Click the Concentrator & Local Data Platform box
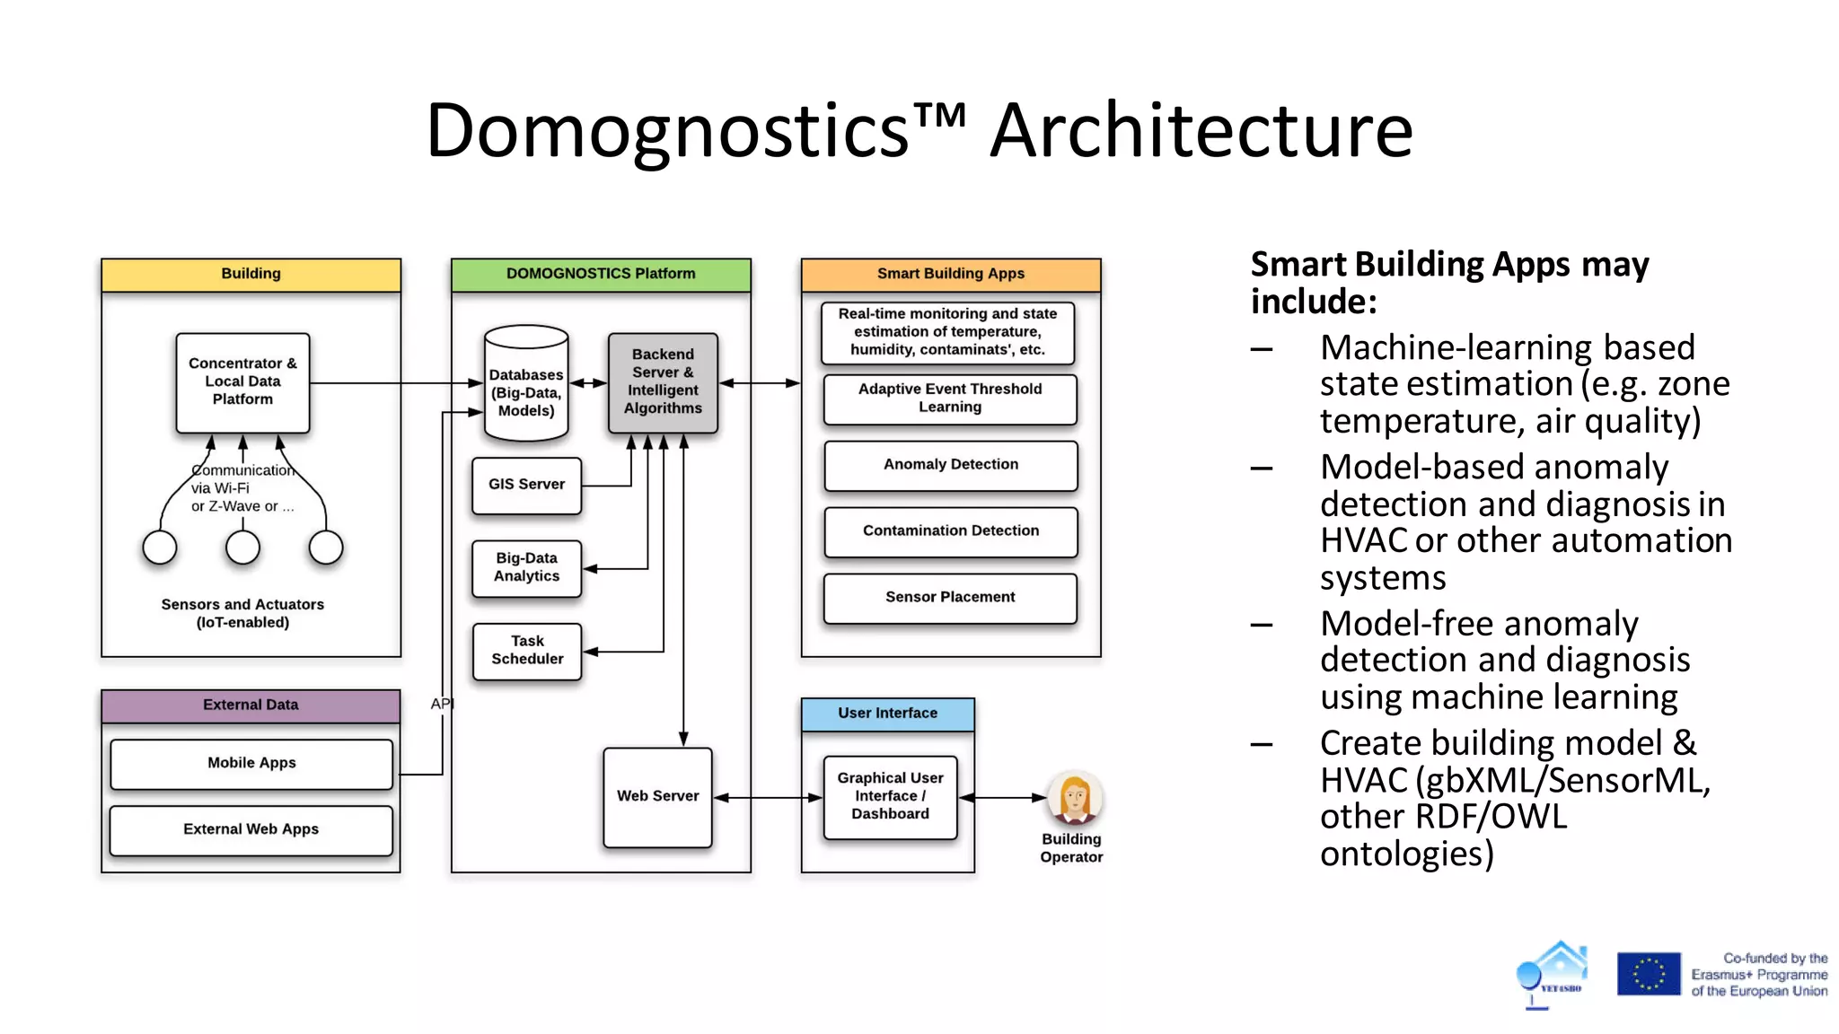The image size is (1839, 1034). click(x=242, y=382)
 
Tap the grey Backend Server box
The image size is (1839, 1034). click(x=663, y=382)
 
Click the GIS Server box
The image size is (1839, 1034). click(x=526, y=485)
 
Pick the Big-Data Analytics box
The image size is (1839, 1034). click(x=526, y=568)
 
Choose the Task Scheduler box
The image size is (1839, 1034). click(x=527, y=651)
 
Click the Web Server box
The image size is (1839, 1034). click(x=657, y=797)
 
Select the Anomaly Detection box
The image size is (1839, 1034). click(x=950, y=465)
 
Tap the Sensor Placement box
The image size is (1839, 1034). click(x=950, y=598)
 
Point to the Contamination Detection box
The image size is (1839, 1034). click(x=950, y=531)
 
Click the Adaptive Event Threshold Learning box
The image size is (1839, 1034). click(x=950, y=399)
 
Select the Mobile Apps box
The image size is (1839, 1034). click(x=251, y=764)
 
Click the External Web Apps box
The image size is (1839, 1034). click(x=251, y=830)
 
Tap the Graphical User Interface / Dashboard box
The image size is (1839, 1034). click(x=890, y=797)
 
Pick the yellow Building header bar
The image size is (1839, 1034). click(x=251, y=275)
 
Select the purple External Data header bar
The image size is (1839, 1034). click(x=251, y=705)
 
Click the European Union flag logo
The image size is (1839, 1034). click(x=1648, y=974)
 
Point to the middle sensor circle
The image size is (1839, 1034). click(x=242, y=547)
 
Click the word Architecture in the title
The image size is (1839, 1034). click(x=1201, y=131)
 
